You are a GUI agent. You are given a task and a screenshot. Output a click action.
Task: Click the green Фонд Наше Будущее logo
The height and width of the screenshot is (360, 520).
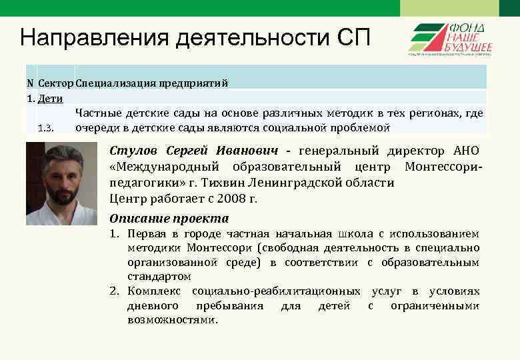451,39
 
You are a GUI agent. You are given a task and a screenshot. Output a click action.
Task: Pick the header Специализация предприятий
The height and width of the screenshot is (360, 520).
151,83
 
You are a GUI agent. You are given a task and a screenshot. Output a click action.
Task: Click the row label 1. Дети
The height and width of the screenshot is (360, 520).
45,99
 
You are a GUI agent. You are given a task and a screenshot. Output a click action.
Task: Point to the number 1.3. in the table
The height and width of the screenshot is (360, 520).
45,127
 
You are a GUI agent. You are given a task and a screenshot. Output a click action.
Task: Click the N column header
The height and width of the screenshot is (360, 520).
30,83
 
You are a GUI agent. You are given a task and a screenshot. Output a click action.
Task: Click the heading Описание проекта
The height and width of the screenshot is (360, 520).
169,219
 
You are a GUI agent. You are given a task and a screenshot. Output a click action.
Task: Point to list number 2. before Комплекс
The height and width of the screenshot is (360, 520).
114,291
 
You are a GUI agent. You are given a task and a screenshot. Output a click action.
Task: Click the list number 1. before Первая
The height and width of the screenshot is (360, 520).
114,234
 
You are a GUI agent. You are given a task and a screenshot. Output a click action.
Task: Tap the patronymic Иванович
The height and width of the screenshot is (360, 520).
253,150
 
